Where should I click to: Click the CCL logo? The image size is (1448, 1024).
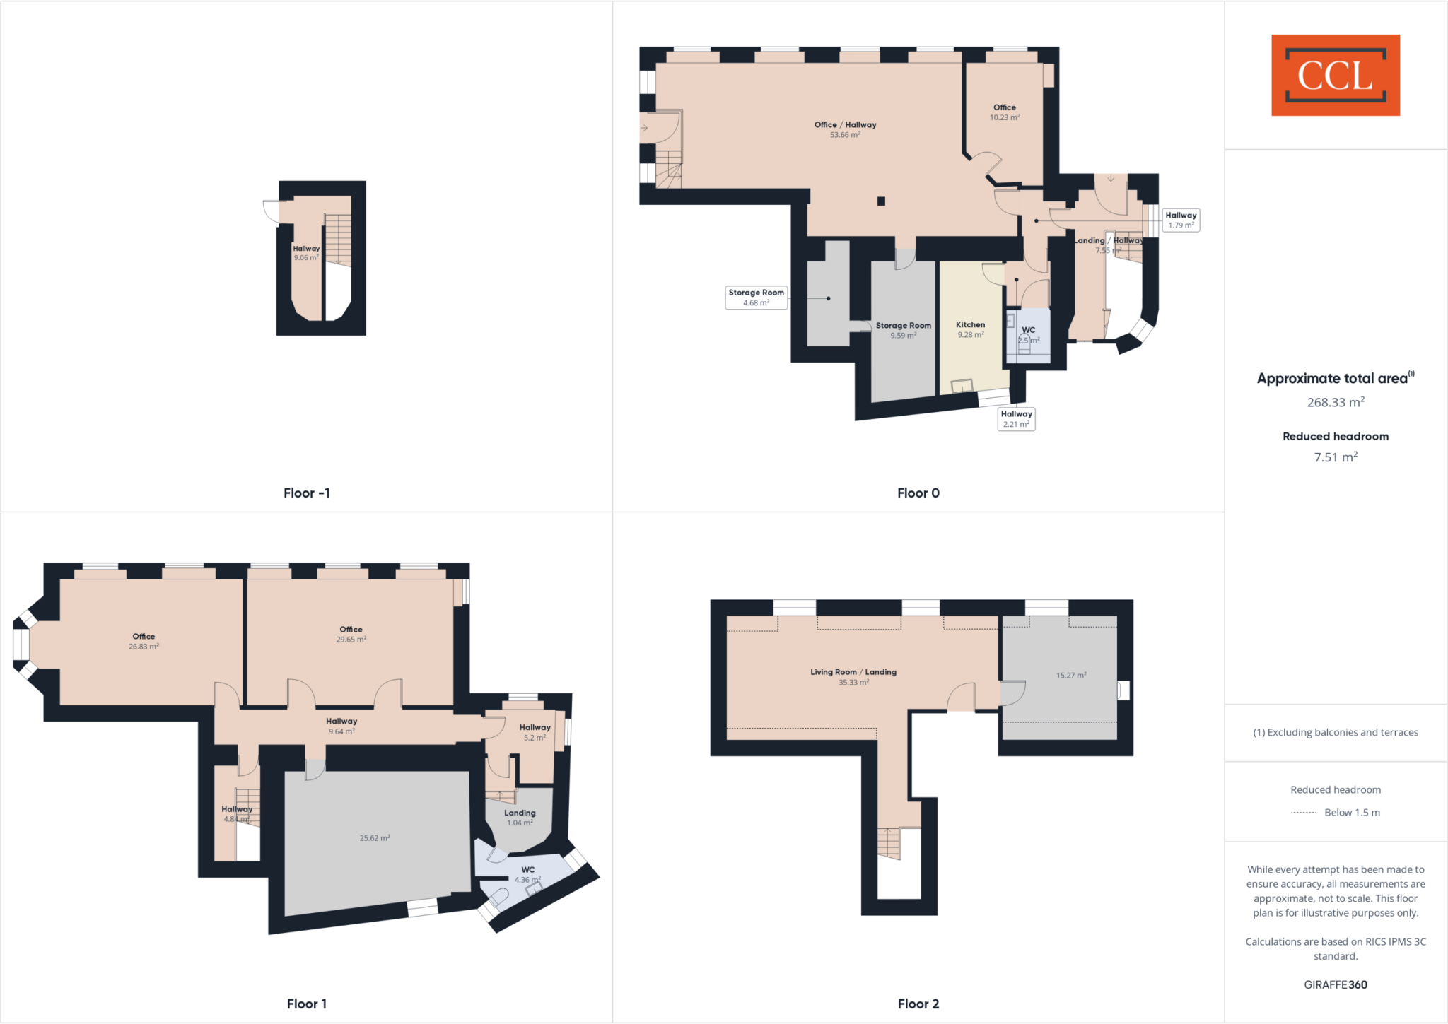point(1335,75)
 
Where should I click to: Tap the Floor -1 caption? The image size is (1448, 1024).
point(306,493)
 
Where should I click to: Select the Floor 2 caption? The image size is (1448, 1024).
point(918,1004)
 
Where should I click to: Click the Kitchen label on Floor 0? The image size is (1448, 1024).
point(970,329)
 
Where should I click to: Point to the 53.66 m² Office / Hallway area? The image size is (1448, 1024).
point(845,129)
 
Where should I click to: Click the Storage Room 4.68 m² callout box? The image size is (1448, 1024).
point(756,297)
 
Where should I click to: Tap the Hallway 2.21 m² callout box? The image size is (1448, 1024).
point(1016,418)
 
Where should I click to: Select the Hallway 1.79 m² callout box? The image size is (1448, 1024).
point(1181,220)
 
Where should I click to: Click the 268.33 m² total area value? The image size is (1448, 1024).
point(1335,402)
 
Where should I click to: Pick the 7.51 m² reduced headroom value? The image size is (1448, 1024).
point(1335,457)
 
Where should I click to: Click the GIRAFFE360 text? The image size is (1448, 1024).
point(1335,984)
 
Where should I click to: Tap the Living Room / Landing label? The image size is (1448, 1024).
point(853,676)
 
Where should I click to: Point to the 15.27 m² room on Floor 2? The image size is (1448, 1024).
point(1070,675)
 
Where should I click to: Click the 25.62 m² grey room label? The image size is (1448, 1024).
point(375,838)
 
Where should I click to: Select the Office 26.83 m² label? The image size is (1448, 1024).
point(144,641)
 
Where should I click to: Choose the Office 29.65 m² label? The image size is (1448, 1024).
point(351,634)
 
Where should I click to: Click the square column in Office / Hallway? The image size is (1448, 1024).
point(881,201)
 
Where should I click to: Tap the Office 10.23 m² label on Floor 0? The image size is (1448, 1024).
point(1004,112)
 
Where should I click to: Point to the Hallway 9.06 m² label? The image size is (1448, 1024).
point(306,253)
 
